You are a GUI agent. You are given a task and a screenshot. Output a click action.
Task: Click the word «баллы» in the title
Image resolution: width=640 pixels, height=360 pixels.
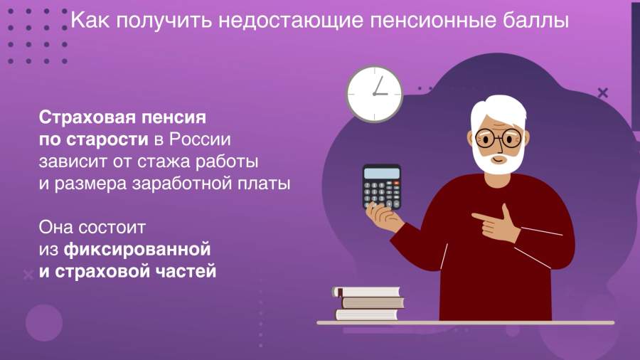[x=535, y=21]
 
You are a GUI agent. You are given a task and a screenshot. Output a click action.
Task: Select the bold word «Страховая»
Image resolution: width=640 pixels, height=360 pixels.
[x=87, y=118]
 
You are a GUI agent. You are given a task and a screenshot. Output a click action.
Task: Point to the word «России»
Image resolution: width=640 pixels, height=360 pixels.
[x=200, y=139]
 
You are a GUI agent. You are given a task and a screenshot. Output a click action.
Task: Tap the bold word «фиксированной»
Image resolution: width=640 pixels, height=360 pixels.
[x=137, y=249]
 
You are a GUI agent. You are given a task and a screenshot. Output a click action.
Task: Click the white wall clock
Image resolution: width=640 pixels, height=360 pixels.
[x=374, y=94]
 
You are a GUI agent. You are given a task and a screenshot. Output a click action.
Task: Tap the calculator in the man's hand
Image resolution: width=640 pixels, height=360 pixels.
[x=382, y=187]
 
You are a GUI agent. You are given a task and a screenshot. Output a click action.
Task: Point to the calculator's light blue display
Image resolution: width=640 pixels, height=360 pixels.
[x=382, y=173]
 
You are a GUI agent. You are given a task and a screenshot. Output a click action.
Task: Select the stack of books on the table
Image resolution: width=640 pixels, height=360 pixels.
[x=369, y=303]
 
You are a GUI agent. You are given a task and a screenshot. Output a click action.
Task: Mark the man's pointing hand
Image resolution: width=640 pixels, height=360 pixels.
[x=496, y=223]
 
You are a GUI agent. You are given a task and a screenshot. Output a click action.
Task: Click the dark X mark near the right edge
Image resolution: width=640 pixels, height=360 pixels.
[x=603, y=93]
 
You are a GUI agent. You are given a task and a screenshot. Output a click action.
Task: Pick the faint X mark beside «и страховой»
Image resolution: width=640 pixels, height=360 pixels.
[x=28, y=275]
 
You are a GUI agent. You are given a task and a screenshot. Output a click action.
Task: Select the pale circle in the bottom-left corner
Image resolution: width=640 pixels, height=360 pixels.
[x=44, y=322]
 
